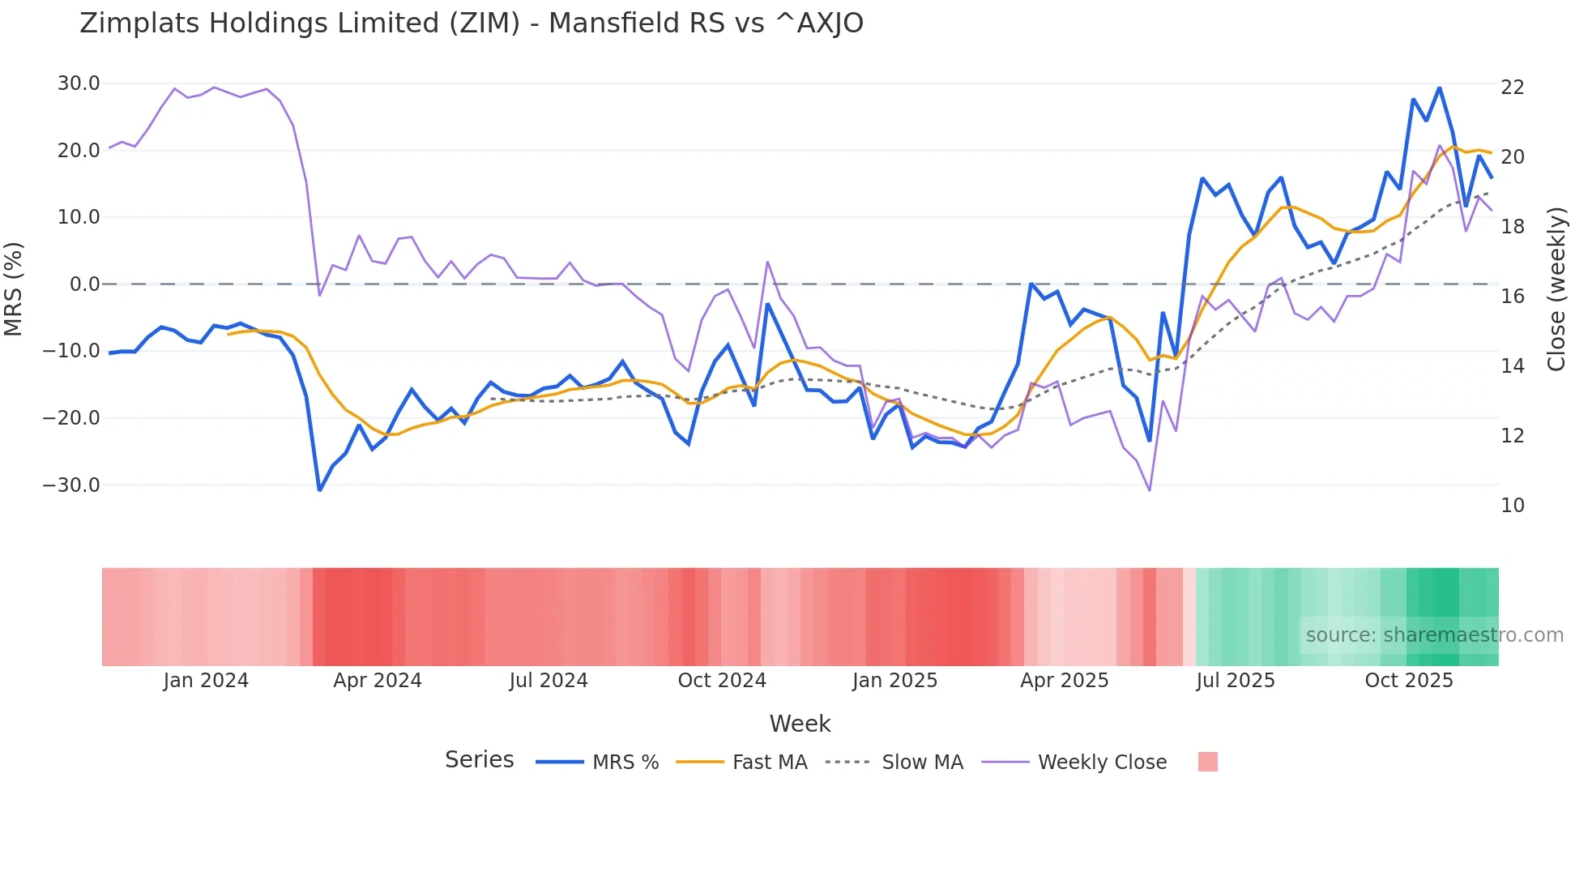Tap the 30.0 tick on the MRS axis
coord(79,83)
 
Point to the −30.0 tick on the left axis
coord(72,485)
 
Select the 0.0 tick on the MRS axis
coord(84,284)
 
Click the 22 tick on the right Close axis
coord(1512,88)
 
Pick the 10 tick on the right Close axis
coord(1512,506)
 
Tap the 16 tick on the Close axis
coord(1512,297)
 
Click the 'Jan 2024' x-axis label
coord(206,681)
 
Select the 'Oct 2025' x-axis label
coord(1409,681)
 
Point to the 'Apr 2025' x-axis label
coord(1064,681)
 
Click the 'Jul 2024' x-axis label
coord(549,681)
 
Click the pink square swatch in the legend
coord(1207,762)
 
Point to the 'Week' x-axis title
coord(800,724)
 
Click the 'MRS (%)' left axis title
coord(14,288)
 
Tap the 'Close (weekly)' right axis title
coord(1556,289)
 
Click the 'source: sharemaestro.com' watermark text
coord(1434,635)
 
